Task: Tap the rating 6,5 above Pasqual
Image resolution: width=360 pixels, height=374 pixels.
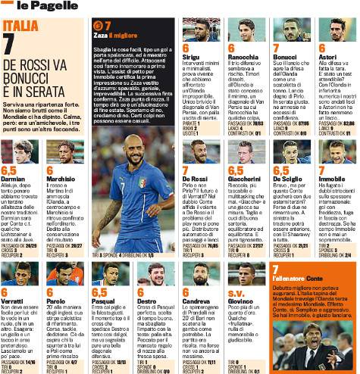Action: coord(100,291)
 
